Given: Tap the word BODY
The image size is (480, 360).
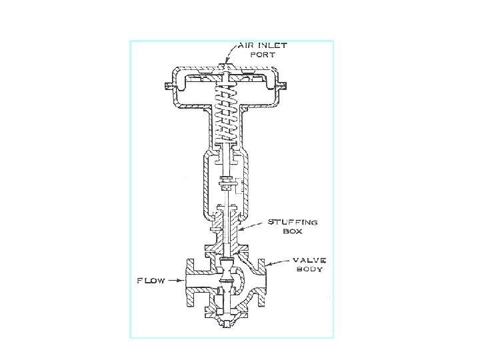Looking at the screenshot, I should click(x=311, y=269).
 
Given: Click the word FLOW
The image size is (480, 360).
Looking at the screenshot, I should click(x=151, y=281).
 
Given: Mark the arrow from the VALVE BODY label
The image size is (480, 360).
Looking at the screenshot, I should click(x=279, y=263).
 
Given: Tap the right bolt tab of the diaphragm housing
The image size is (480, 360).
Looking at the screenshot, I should click(x=284, y=85).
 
